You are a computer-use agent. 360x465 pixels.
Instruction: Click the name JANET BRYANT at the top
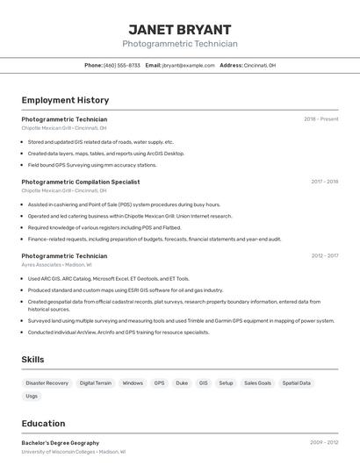pyautogui.click(x=180, y=29)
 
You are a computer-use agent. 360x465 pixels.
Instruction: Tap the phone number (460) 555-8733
pyautogui.click(x=122, y=65)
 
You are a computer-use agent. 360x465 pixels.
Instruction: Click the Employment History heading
pyautogui.click(x=65, y=100)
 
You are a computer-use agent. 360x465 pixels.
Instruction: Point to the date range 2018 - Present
pyautogui.click(x=321, y=119)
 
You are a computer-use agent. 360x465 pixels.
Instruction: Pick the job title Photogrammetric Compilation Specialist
pyautogui.click(x=81, y=182)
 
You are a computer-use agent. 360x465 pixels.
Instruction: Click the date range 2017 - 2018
pyautogui.click(x=324, y=182)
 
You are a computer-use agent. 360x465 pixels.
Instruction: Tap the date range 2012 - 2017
pyautogui.click(x=324, y=256)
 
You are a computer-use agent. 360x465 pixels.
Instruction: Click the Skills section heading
pyautogui.click(x=33, y=360)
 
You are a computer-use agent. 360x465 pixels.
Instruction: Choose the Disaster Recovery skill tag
pyautogui.click(x=47, y=383)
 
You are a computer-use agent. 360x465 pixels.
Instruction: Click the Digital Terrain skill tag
pyautogui.click(x=96, y=383)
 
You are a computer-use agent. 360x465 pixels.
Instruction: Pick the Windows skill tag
pyautogui.click(x=133, y=383)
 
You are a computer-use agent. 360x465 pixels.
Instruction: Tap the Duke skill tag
pyautogui.click(x=182, y=383)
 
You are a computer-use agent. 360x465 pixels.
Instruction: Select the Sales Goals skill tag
pyautogui.click(x=258, y=383)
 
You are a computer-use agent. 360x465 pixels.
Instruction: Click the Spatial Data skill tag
pyautogui.click(x=297, y=383)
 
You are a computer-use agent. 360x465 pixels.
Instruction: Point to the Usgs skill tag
pyautogui.click(x=32, y=396)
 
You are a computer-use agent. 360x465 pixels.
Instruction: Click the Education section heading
pyautogui.click(x=43, y=423)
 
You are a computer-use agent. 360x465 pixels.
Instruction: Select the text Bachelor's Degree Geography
pyautogui.click(x=61, y=443)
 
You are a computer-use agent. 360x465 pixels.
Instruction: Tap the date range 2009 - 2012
pyautogui.click(x=324, y=443)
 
